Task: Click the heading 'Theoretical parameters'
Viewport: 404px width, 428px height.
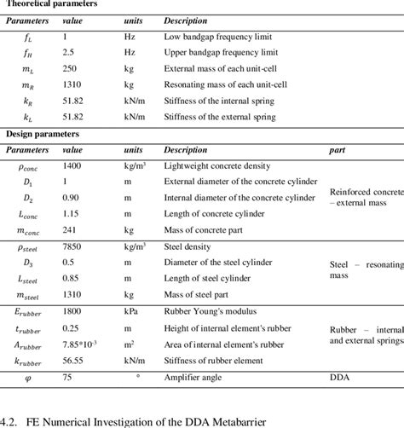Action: pos(51,4)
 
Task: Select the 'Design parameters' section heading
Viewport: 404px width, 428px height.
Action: pos(43,134)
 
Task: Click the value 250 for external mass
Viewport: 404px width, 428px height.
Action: pos(72,69)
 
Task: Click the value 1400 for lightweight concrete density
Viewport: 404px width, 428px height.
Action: pos(75,166)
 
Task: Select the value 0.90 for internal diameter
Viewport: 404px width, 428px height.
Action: pos(73,199)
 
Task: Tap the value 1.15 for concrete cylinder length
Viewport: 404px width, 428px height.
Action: pos(73,214)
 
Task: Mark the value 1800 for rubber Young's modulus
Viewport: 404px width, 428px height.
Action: pos(75,311)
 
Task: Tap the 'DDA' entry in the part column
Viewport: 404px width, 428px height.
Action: pos(339,376)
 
